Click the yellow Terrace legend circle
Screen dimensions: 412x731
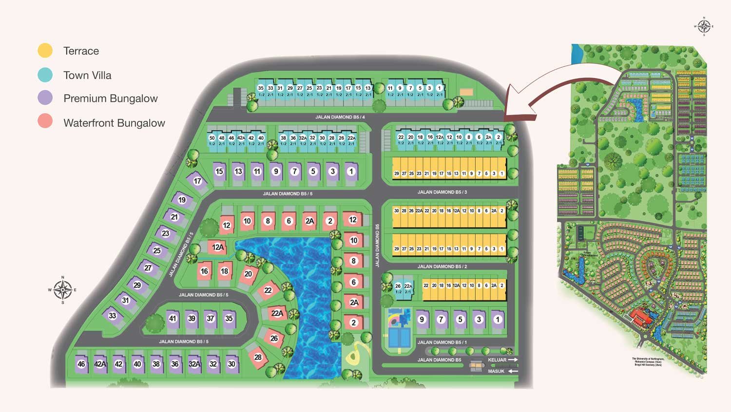point(45,50)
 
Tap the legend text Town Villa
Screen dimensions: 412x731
point(87,75)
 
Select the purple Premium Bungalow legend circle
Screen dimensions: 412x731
point(45,98)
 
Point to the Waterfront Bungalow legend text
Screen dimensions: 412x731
point(114,123)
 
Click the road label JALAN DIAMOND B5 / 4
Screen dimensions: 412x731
point(340,117)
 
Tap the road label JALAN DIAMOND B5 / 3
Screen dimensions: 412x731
point(442,192)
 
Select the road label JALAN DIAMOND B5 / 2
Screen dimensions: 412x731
point(442,267)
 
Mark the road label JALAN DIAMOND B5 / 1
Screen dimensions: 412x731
point(442,342)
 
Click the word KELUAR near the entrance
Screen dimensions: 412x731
point(497,360)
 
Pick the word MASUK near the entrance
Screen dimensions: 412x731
point(496,372)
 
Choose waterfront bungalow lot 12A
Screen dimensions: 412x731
point(218,247)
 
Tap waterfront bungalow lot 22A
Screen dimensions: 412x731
point(277,313)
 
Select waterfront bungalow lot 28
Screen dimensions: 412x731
point(258,357)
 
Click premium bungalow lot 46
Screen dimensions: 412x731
point(81,364)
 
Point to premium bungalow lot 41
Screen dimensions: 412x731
point(173,318)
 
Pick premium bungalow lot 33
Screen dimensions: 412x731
point(113,315)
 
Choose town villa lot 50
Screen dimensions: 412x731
point(212,138)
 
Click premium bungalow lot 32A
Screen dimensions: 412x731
point(194,364)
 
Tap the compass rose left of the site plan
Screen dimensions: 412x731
point(62,290)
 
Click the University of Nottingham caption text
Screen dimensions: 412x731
point(648,361)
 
